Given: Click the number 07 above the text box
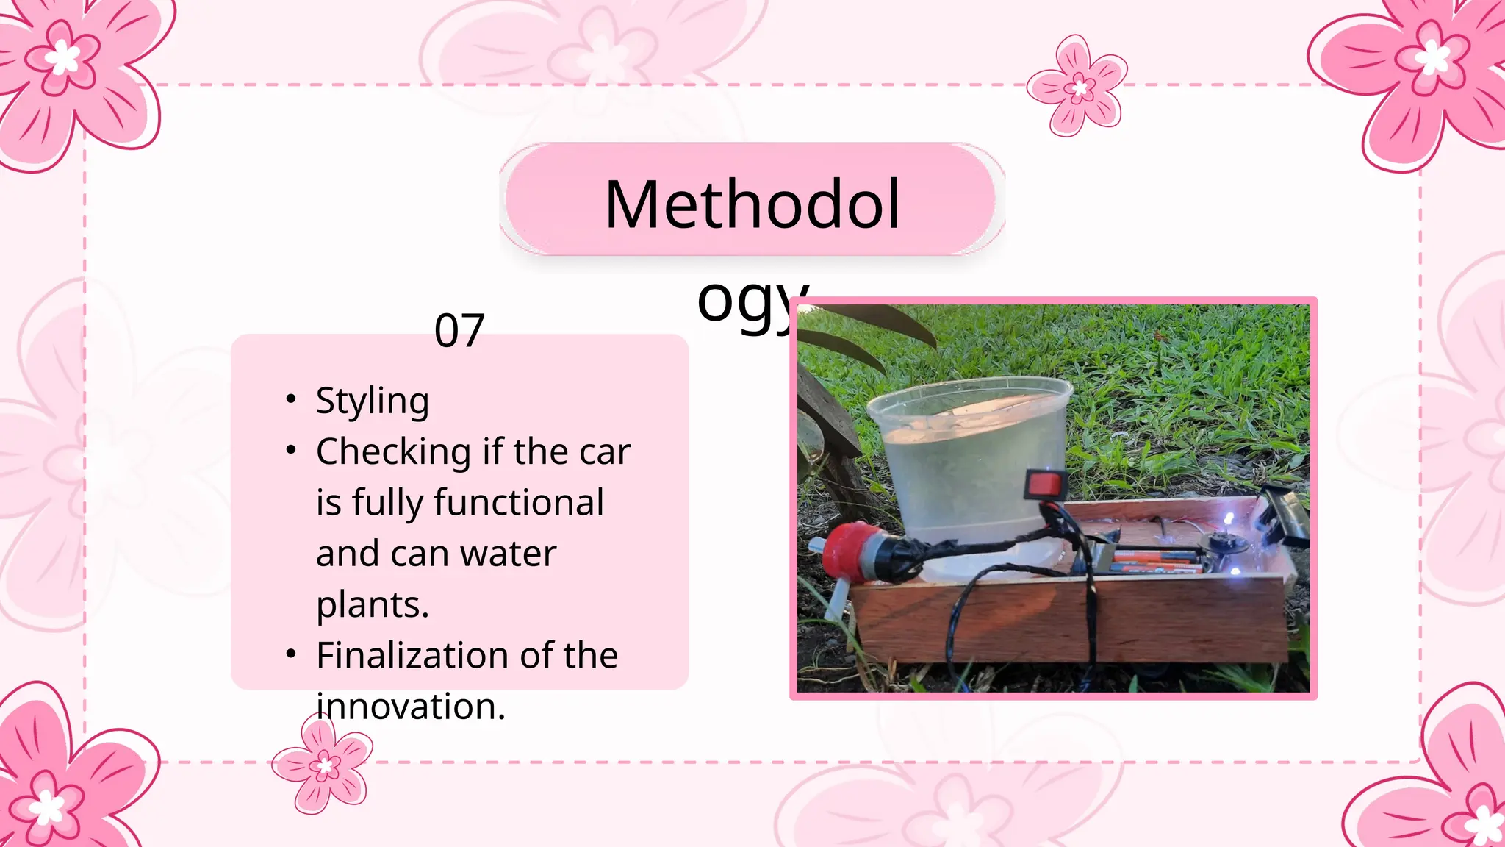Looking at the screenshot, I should click(x=459, y=330).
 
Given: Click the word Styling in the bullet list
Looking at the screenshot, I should click(x=373, y=401).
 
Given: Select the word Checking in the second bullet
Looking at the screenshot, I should click(x=393, y=452).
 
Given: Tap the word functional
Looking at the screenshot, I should click(x=519, y=503).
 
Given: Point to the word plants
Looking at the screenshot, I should click(x=371, y=605).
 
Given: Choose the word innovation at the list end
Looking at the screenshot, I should click(x=409, y=707).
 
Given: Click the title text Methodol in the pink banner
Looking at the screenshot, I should click(x=752, y=204).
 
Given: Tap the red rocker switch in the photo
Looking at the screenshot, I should click(x=1046, y=484).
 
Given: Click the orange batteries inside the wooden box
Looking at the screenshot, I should click(x=1154, y=562).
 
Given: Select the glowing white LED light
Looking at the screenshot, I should click(x=1226, y=521).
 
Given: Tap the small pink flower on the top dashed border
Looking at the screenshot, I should click(x=1078, y=87).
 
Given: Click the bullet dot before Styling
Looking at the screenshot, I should click(x=291, y=399).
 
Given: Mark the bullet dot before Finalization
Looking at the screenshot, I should click(x=291, y=654).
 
